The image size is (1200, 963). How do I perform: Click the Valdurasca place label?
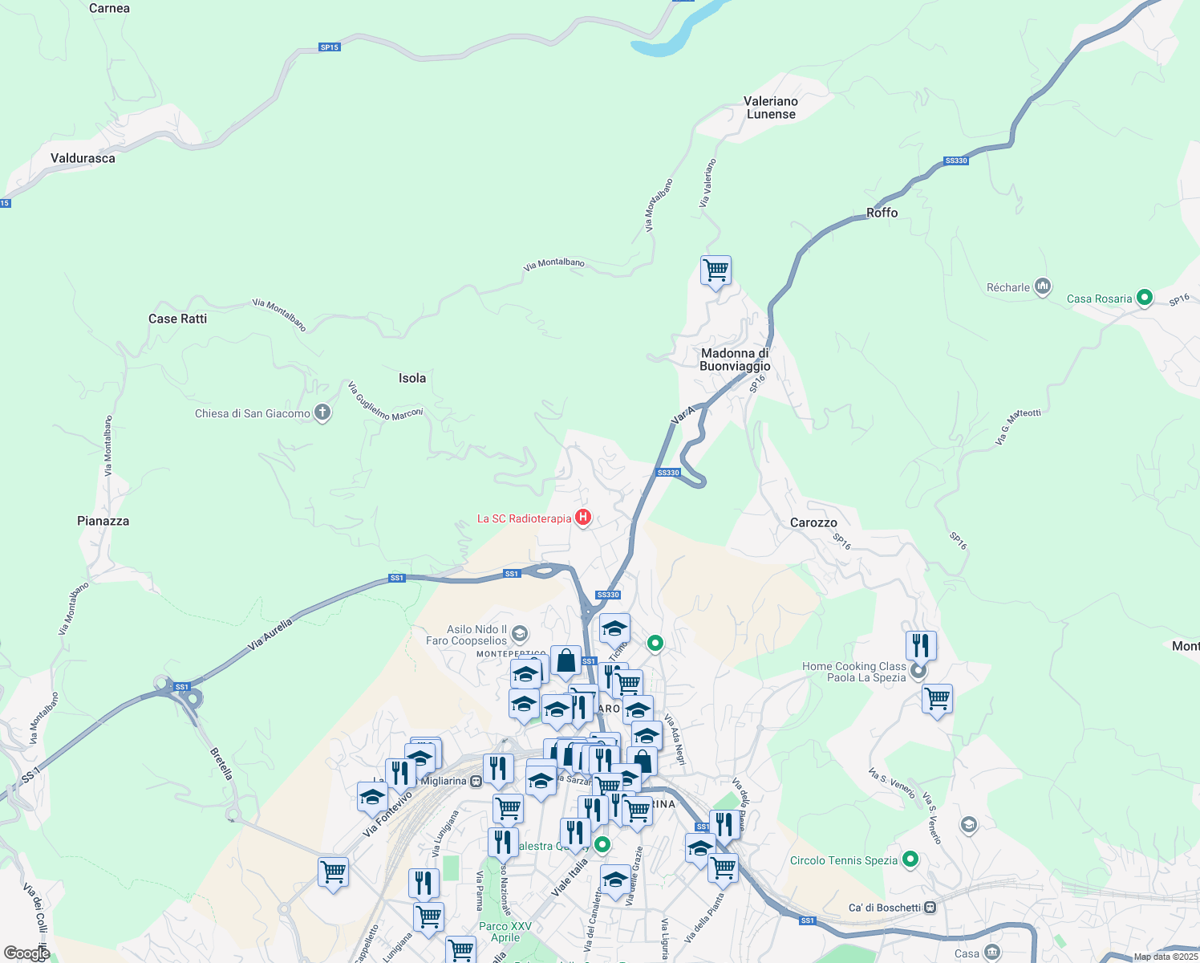coord(83,158)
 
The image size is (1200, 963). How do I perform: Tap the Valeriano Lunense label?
coord(771,108)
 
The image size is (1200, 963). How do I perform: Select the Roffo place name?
coord(882,213)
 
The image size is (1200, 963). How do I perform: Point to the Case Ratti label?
coord(177,319)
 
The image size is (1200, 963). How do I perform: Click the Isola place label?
coord(412,378)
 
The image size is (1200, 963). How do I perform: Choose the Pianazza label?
coord(103,521)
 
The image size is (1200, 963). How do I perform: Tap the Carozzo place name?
coord(813,522)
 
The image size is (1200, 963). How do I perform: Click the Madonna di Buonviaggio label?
coord(735,360)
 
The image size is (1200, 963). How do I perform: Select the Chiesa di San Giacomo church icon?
coord(322,413)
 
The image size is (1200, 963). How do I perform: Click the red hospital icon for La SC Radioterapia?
coord(584,518)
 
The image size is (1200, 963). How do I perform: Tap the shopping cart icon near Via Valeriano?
coord(716,270)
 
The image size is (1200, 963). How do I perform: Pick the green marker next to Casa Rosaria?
coord(1145,299)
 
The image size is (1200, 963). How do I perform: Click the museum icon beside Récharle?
coord(1043,286)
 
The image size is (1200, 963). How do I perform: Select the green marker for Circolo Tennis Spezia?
coord(910,860)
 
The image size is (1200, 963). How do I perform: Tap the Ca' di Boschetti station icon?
coord(930,908)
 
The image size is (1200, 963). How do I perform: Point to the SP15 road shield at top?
coord(329,47)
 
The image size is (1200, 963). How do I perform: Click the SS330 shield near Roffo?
coord(956,160)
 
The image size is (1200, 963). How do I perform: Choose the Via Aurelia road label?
coord(270,634)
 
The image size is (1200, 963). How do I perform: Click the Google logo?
coord(26,953)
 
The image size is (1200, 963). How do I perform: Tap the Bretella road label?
coord(221,764)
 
